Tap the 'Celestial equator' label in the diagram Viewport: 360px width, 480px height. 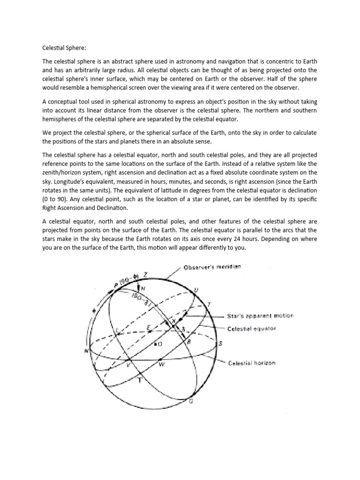[252, 329]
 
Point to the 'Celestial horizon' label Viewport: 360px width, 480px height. [252, 363]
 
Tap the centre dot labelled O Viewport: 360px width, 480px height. [159, 344]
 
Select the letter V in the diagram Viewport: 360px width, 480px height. [128, 365]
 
